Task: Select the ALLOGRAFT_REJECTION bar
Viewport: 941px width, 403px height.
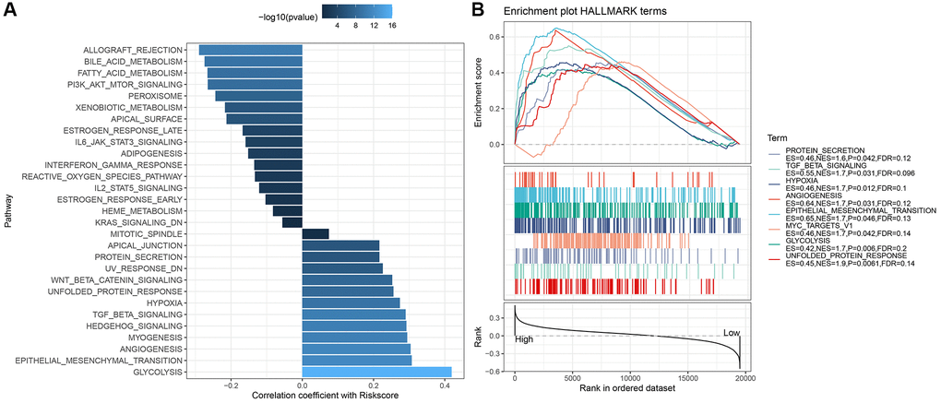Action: point(251,50)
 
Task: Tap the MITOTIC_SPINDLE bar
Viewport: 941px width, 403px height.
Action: point(316,233)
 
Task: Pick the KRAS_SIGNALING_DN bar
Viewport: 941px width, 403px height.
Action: point(292,222)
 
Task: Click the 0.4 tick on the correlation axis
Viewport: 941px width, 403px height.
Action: point(446,388)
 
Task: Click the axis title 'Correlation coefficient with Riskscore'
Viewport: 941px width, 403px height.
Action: point(303,397)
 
